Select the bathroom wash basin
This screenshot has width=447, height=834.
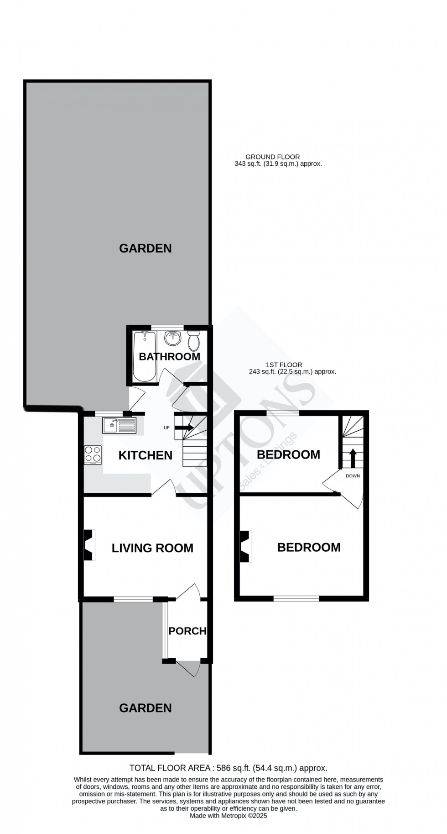pos(172,339)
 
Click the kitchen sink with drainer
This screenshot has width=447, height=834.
pos(119,426)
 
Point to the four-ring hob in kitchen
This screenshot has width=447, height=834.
pos(93,455)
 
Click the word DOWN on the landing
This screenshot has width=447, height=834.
pos(353,476)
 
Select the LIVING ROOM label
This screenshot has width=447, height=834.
pos(152,548)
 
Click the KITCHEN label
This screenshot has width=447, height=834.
pos(145,455)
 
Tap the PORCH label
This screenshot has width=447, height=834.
pos(187,631)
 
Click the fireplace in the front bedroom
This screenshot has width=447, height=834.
pos(245,546)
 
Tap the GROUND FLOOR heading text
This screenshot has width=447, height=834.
pos(272,157)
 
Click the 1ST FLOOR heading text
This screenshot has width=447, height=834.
pos(284,365)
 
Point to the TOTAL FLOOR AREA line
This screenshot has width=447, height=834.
pos(229,768)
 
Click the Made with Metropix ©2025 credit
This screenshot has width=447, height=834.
pos(229,816)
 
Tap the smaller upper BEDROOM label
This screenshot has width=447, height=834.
pos(288,454)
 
